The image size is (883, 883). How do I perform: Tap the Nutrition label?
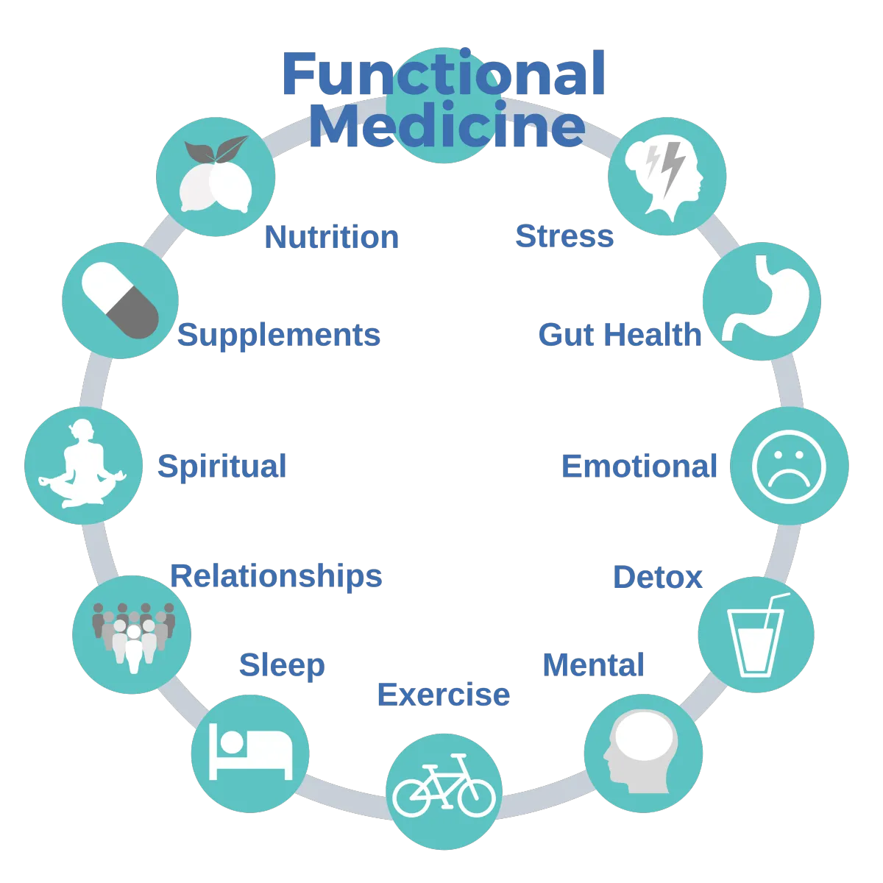(332, 237)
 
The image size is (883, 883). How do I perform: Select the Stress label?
(564, 236)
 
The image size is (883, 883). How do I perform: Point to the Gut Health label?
(620, 335)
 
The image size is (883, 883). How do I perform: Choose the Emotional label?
(639, 466)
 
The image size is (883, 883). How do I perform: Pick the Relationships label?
(277, 576)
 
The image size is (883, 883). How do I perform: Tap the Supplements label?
(279, 336)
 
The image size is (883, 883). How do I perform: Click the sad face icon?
(789, 467)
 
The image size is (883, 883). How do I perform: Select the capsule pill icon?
(120, 301)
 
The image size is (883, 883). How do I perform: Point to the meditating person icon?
(83, 464)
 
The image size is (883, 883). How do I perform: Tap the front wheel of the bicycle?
(477, 798)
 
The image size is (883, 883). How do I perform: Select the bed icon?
(250, 751)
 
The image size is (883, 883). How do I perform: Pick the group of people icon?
(133, 637)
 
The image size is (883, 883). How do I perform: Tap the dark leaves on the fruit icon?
(216, 149)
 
